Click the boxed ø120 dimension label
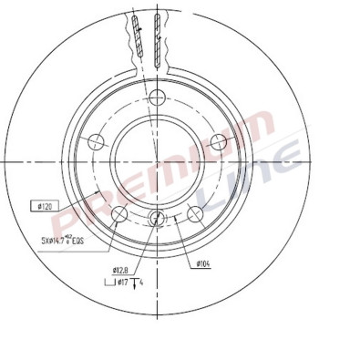coord(43,207)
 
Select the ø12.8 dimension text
coord(119,270)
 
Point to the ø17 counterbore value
coord(119,283)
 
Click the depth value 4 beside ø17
coord(142,283)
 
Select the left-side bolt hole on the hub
coord(95,142)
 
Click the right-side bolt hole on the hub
coord(217,142)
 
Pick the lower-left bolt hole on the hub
coord(118,214)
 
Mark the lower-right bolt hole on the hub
coord(193,214)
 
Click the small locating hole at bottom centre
coord(156,218)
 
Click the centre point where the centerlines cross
coord(156,160)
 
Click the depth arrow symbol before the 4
coord(135,283)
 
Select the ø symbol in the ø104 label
coord(198,263)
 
